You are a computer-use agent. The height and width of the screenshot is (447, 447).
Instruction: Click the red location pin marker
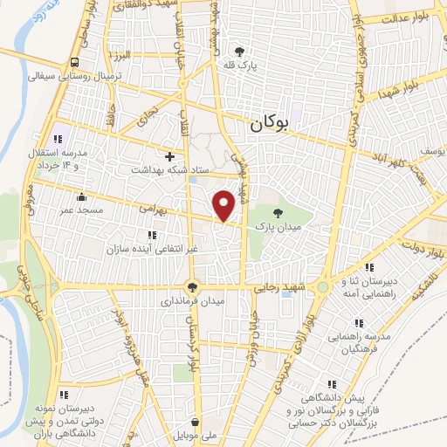click(x=224, y=204)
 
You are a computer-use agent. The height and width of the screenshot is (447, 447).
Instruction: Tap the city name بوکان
click(x=274, y=124)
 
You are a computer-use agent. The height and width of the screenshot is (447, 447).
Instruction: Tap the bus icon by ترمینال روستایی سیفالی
click(x=74, y=62)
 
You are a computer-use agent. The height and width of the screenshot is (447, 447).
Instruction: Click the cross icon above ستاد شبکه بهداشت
click(x=169, y=155)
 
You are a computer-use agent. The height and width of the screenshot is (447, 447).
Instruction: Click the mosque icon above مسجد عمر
click(x=81, y=196)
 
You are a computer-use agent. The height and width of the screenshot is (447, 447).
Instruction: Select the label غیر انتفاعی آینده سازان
click(x=152, y=249)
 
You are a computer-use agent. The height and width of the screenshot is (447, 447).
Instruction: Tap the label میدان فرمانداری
click(x=192, y=301)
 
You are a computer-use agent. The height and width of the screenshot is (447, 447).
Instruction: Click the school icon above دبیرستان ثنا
click(x=369, y=267)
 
